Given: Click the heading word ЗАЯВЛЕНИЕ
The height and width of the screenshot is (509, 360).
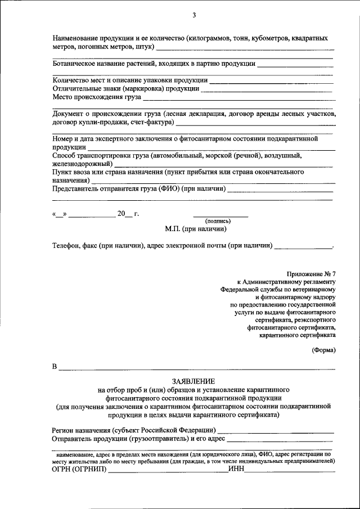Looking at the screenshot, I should (193, 381).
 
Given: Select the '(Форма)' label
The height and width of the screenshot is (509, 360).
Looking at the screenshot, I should (323, 350).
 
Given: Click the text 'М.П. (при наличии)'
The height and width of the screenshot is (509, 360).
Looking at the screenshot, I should (196, 229).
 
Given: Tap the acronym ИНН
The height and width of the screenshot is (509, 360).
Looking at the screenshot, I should (236, 469).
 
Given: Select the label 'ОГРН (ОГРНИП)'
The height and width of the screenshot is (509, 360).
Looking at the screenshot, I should (78, 469).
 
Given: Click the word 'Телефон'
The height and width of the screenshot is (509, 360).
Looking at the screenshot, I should (67, 246).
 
